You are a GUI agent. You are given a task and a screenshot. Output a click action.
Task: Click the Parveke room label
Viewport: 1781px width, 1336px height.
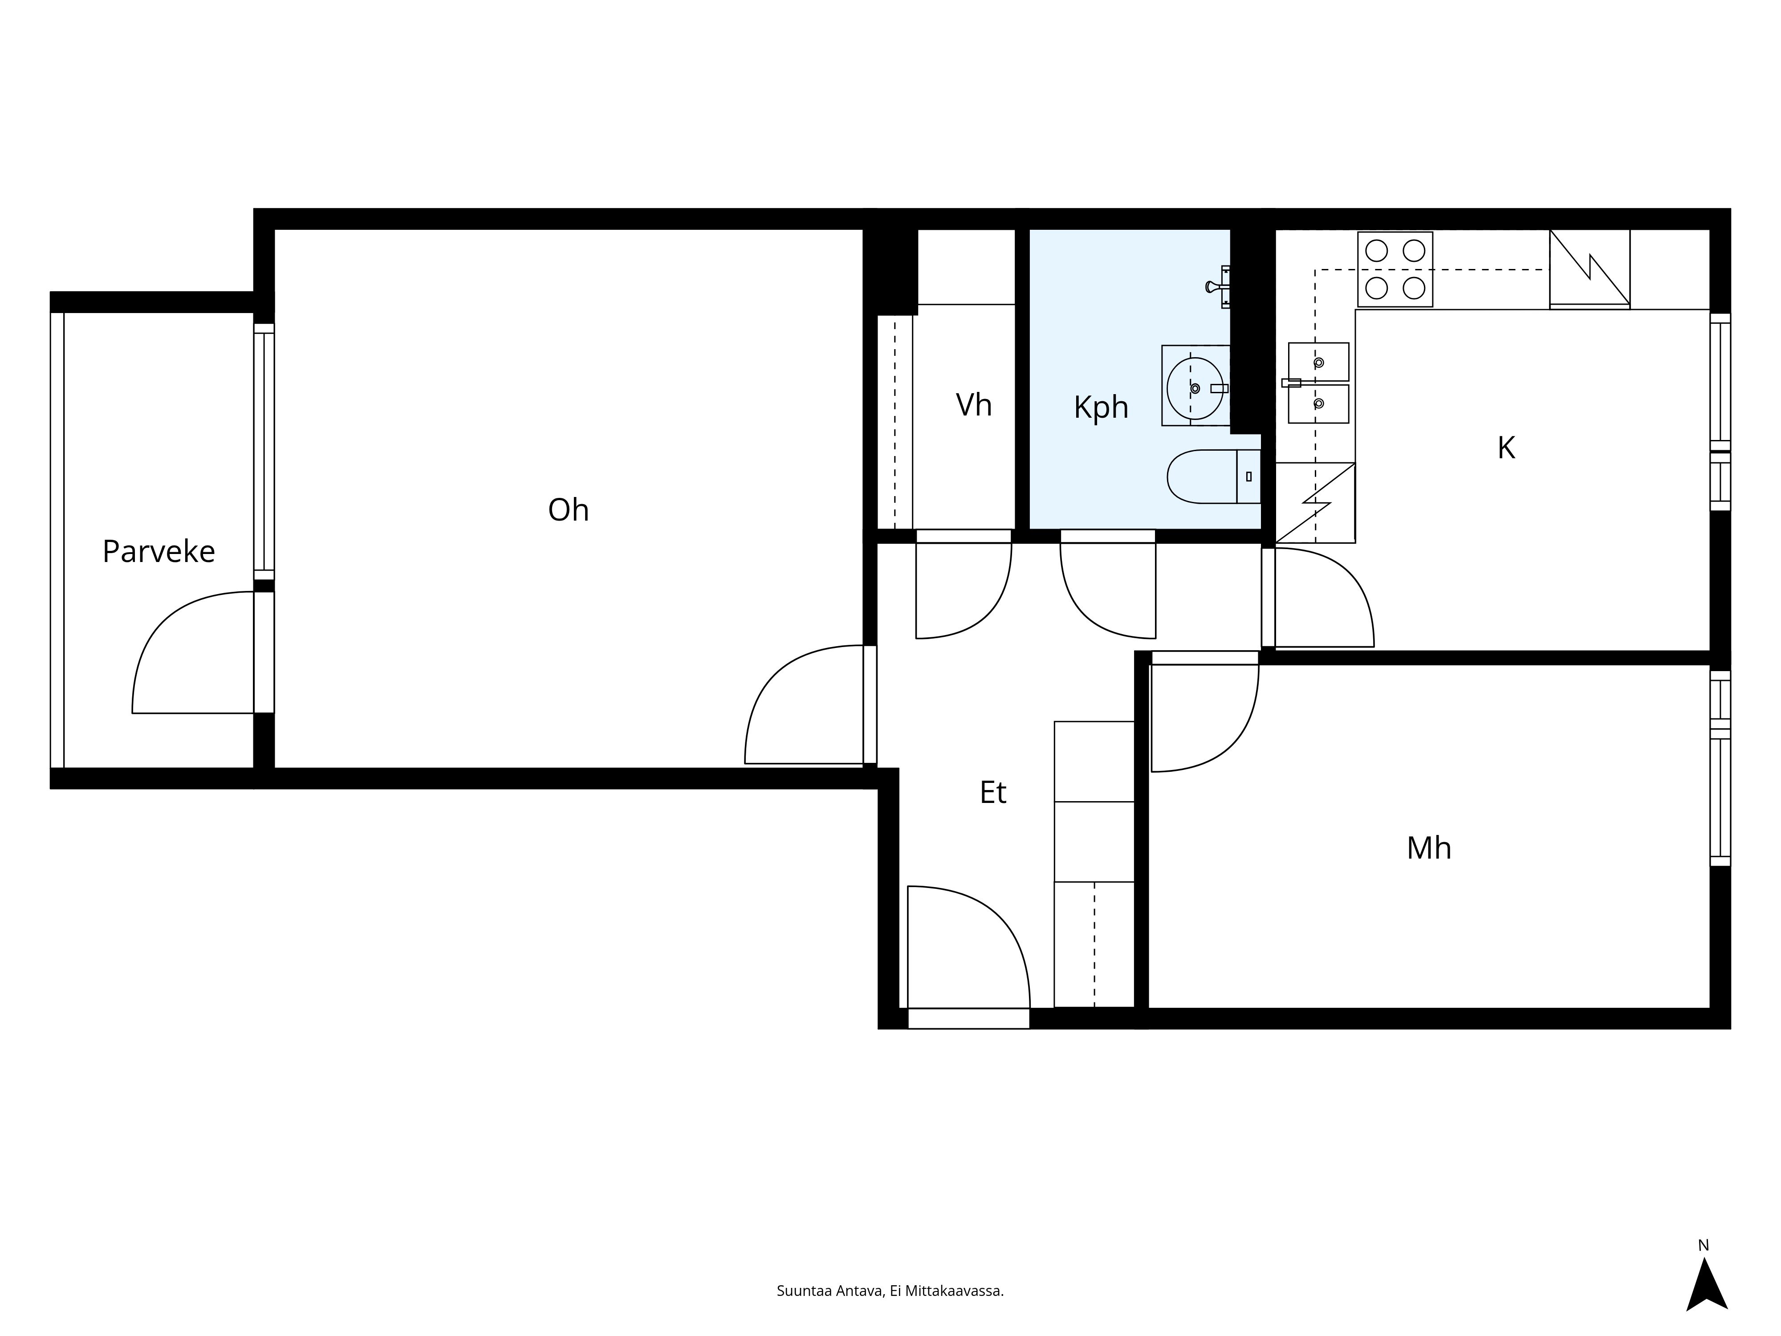pos(159,552)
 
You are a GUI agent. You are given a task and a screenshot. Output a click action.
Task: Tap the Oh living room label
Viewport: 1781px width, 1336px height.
pos(569,510)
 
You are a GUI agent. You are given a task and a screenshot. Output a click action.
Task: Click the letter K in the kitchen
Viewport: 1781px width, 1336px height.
pos(1506,448)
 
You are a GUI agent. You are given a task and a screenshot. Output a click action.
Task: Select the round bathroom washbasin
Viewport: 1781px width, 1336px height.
pos(1195,388)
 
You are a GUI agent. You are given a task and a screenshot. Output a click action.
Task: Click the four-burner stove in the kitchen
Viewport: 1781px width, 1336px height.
pos(1395,269)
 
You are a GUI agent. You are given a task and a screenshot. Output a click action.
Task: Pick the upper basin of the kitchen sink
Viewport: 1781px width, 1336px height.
pos(1318,362)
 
